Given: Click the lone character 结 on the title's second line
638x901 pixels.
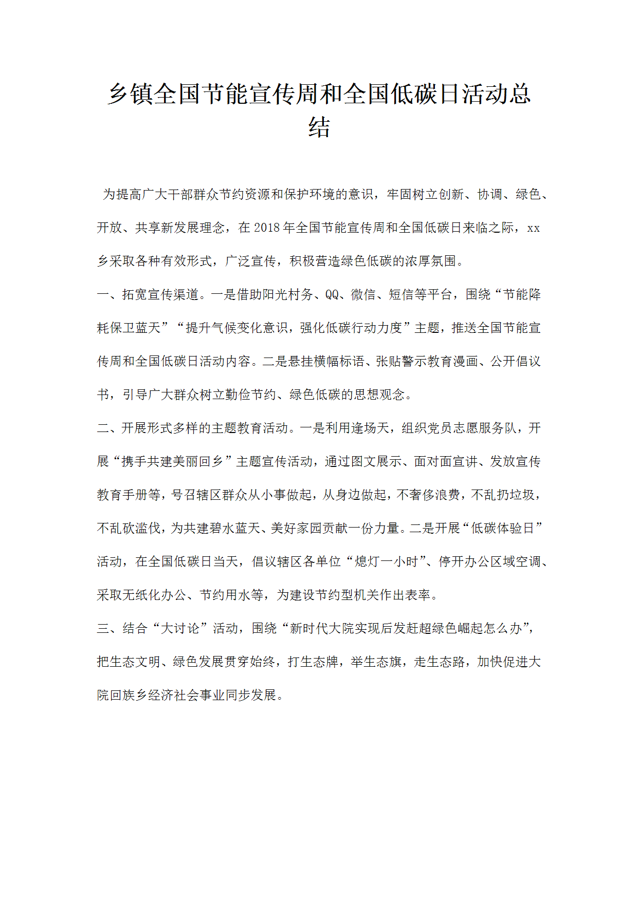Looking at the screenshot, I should point(319,127).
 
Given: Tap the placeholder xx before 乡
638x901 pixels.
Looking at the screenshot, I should point(534,228).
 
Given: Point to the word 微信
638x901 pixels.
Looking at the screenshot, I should point(363,294).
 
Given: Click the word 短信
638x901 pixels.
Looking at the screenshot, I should point(402,294).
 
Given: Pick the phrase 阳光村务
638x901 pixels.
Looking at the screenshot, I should point(287,294).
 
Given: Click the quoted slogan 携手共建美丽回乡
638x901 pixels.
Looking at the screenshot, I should point(173,461).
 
